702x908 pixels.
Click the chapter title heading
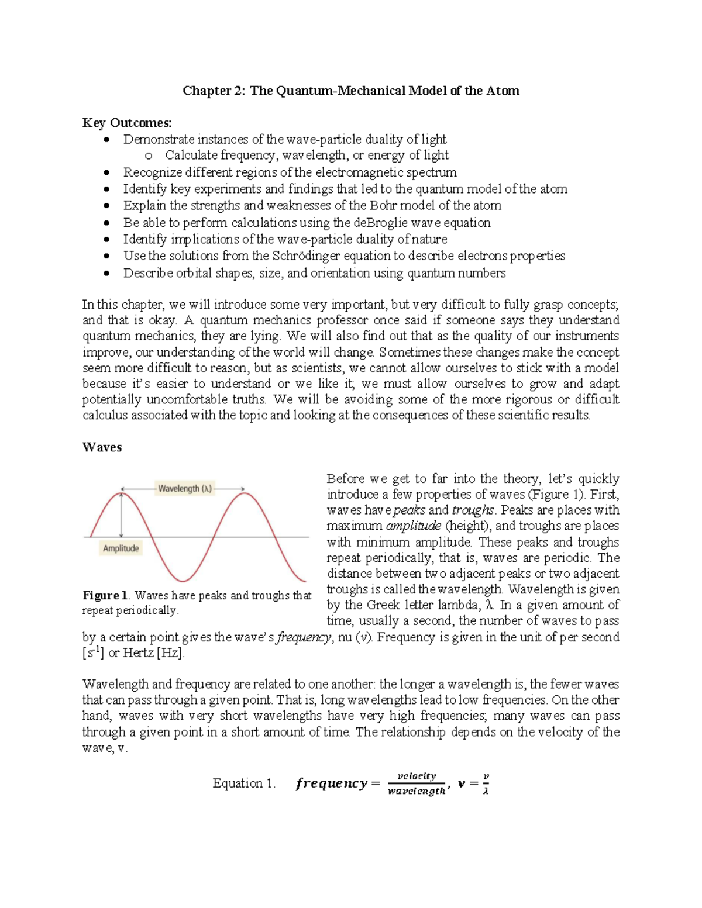click(350, 91)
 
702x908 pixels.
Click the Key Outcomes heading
click(127, 123)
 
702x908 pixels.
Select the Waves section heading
click(102, 447)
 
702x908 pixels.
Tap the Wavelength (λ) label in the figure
click(185, 489)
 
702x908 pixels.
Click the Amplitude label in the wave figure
click(121, 548)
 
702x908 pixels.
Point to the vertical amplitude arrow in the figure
click(121, 515)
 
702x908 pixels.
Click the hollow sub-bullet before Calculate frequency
click(148, 156)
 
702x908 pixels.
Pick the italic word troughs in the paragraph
click(473, 510)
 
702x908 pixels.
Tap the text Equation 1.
click(244, 783)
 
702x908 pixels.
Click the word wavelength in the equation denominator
click(416, 791)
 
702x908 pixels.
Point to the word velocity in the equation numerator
click(417, 776)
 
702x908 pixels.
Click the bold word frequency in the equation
click(331, 783)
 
